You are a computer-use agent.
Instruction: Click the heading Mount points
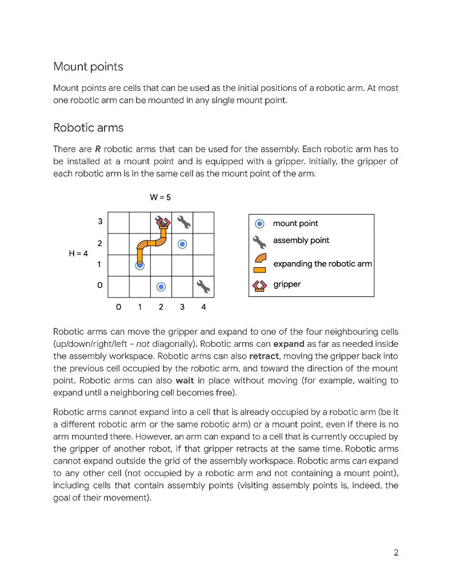88,66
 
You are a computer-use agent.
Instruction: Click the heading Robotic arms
88,128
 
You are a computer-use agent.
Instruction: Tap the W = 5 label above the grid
161,197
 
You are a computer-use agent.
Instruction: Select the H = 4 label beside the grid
78,254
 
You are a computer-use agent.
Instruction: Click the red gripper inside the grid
163,222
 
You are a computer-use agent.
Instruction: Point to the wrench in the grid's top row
183,222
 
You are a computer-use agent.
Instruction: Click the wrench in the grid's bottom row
203,286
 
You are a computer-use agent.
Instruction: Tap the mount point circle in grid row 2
182,244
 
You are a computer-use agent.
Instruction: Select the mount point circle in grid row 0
161,286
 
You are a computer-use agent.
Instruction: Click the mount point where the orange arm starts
139,265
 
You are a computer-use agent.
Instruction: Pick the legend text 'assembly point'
301,240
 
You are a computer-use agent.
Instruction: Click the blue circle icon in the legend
259,224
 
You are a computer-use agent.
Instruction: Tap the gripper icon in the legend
259,284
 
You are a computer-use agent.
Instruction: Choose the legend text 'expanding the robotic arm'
322,264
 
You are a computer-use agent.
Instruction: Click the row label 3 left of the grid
100,221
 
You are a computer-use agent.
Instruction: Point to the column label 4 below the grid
203,307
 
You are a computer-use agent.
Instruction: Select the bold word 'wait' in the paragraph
185,381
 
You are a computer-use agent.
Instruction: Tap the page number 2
395,552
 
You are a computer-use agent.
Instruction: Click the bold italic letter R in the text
98,149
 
